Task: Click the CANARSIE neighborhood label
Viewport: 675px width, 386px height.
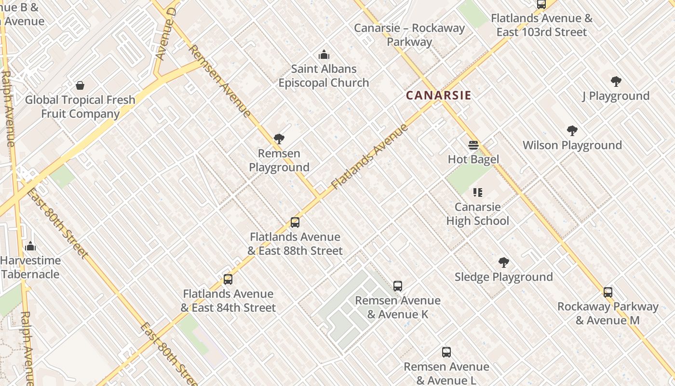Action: click(438, 95)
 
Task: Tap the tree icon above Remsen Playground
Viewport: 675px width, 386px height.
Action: click(279, 139)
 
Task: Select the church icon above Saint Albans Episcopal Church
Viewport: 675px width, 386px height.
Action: click(324, 55)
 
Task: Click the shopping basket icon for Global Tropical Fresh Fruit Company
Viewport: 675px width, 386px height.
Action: click(80, 86)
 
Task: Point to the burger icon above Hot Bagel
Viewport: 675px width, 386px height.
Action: click(473, 145)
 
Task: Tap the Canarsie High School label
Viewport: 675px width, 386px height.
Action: click(477, 214)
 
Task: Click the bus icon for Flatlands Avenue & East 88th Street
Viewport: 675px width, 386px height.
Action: click(295, 222)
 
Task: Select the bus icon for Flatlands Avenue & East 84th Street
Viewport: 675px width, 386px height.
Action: click(228, 279)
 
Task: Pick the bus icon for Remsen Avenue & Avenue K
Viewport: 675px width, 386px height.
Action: click(398, 286)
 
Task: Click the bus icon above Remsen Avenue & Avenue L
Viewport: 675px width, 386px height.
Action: click(446, 352)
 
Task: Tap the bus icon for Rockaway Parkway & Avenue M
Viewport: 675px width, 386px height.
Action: click(608, 292)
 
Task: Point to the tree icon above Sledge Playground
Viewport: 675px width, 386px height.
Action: click(504, 262)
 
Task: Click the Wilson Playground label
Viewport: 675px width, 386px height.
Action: click(572, 145)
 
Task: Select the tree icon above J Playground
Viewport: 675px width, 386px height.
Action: click(616, 82)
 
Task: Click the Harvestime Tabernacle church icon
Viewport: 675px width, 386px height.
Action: click(30, 246)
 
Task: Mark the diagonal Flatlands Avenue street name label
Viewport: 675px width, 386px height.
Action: click(370, 156)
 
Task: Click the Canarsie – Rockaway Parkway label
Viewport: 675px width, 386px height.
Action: click(409, 35)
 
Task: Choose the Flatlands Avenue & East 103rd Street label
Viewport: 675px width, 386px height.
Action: click(541, 25)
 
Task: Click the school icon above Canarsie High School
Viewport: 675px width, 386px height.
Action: click(478, 193)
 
